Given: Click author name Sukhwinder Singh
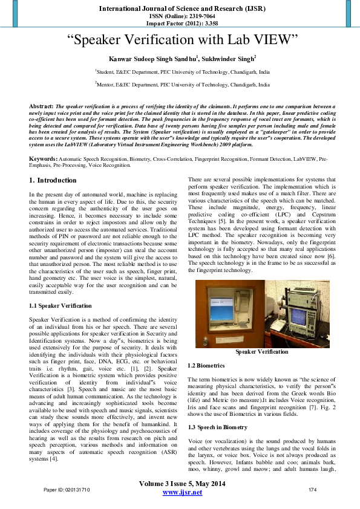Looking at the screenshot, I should [x=227, y=59].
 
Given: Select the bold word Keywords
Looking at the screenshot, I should [x=43, y=158].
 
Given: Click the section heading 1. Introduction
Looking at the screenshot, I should [x=53, y=180].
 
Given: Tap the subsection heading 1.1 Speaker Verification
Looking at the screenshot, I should [x=61, y=306].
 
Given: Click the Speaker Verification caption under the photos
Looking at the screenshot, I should [x=262, y=352].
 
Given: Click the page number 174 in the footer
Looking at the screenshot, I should [x=313, y=489].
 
